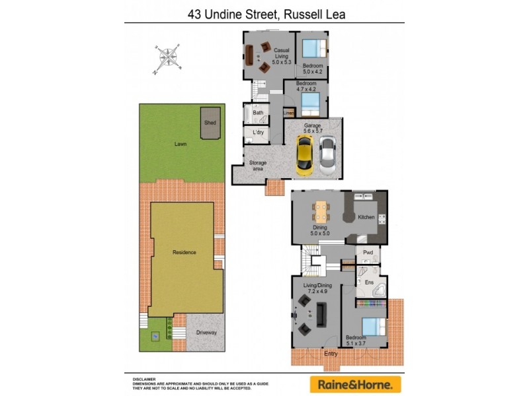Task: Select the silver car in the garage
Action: [x=328, y=158]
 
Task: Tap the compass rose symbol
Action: [x=169, y=58]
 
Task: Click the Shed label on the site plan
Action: [x=210, y=123]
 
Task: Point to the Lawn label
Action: [x=180, y=143]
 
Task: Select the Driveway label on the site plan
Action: [x=206, y=332]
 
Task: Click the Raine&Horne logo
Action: [x=355, y=383]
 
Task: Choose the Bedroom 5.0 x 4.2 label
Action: [x=313, y=69]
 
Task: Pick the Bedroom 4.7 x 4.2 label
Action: [x=306, y=86]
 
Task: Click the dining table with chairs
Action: [x=321, y=211]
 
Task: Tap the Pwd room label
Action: [x=368, y=252]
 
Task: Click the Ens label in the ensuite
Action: [x=369, y=281]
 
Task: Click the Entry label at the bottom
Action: [x=331, y=353]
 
